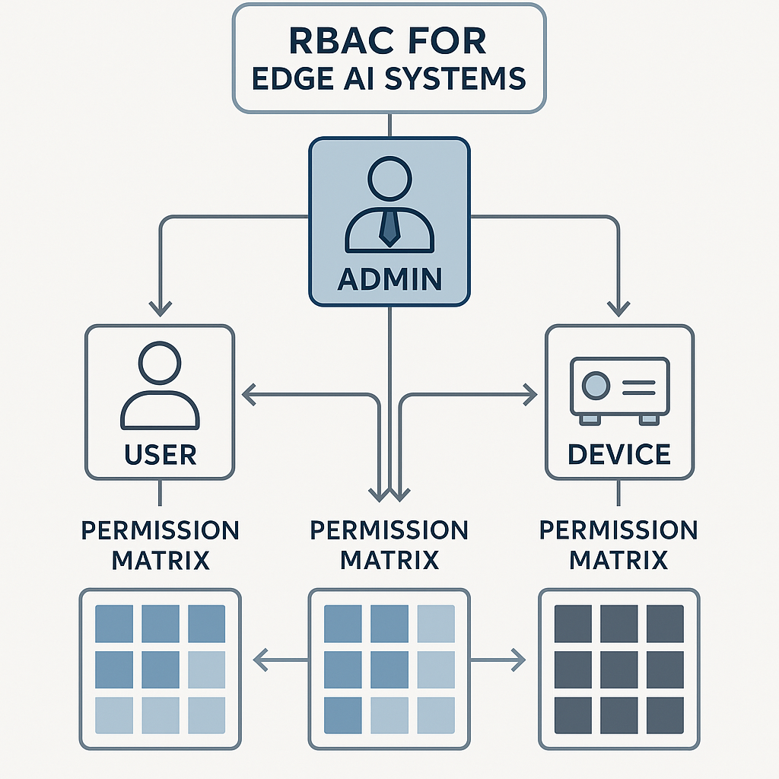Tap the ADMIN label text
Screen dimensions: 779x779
tap(389, 279)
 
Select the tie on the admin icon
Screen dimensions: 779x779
tap(389, 227)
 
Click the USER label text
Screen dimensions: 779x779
tap(160, 455)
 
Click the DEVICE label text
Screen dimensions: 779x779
tap(619, 455)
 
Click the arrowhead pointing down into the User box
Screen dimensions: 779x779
tap(160, 308)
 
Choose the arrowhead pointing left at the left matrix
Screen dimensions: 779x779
tap(259, 660)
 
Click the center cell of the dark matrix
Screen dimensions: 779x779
tap(618, 669)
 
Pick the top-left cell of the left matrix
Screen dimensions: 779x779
tap(113, 624)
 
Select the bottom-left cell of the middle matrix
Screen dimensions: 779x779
tap(342, 716)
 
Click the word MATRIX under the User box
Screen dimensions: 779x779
tap(160, 561)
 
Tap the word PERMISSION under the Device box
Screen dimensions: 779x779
tap(618, 530)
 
